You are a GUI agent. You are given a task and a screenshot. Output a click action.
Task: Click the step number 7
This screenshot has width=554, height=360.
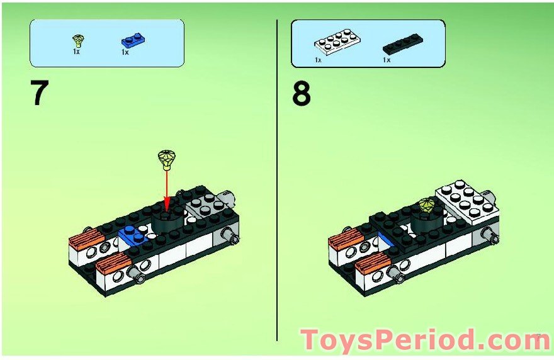pyautogui.click(x=40, y=92)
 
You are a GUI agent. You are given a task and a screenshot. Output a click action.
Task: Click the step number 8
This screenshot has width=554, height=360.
pyautogui.click(x=302, y=93)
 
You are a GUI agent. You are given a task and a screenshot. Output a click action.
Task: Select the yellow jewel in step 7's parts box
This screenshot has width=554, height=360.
pyautogui.click(x=77, y=41)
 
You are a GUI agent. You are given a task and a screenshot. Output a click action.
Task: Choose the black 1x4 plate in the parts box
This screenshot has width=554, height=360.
pyautogui.click(x=403, y=44)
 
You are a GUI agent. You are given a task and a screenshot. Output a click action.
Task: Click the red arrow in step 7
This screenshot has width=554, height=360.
pyautogui.click(x=167, y=191)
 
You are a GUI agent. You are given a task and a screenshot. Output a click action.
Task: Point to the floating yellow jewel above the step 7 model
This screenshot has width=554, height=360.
pyautogui.click(x=167, y=160)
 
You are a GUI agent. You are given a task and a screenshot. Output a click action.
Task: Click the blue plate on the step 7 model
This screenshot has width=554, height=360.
pyautogui.click(x=133, y=235)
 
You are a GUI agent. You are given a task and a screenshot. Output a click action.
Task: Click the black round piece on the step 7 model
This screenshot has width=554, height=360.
pyautogui.click(x=168, y=222)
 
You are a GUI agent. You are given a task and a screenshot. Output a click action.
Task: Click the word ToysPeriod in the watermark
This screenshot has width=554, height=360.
pyautogui.click(x=388, y=340)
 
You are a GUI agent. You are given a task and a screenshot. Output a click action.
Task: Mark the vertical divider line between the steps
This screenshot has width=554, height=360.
pyautogui.click(x=277, y=180)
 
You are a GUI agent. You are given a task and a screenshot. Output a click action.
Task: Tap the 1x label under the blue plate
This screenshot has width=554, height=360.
pyautogui.click(x=125, y=52)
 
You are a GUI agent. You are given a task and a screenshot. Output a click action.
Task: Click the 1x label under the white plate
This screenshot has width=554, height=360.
pyautogui.click(x=318, y=60)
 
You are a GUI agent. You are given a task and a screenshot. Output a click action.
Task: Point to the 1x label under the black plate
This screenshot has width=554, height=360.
pyautogui.click(x=387, y=60)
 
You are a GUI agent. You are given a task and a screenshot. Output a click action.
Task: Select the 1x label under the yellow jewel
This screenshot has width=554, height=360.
pyautogui.click(x=76, y=52)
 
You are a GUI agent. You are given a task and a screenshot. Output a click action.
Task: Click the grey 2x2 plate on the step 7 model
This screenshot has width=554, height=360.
pyautogui.click(x=204, y=206)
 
